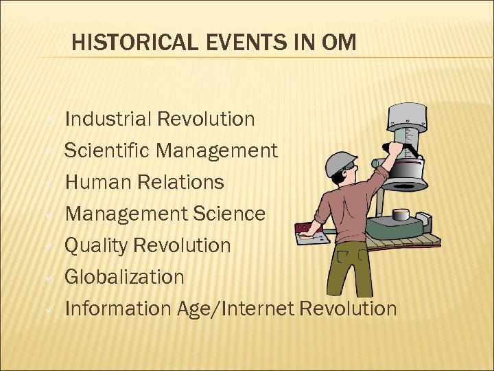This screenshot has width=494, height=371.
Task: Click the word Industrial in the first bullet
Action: click(x=108, y=120)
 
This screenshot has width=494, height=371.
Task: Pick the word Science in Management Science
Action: click(x=230, y=214)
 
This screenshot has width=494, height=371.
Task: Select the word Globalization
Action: click(x=124, y=277)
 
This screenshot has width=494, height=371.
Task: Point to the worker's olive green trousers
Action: click(x=350, y=268)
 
